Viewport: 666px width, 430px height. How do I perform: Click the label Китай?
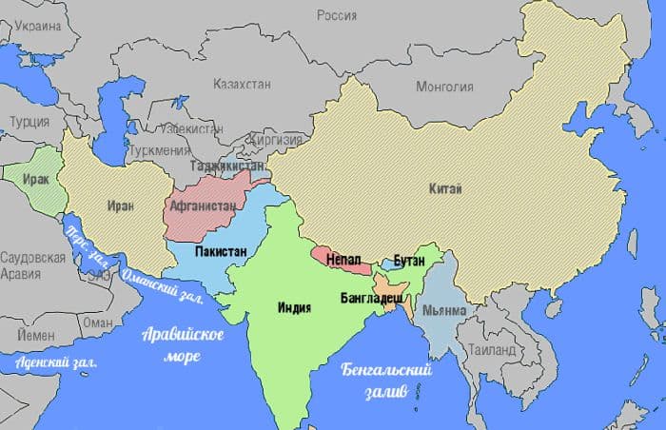pos(444,190)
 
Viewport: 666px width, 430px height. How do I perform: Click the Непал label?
pos(341,258)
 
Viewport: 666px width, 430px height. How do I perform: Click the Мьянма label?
pos(444,311)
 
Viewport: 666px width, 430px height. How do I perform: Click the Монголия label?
pos(444,88)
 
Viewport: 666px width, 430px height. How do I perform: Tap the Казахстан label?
pos(243,84)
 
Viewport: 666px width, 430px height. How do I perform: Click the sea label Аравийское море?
pos(183,344)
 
